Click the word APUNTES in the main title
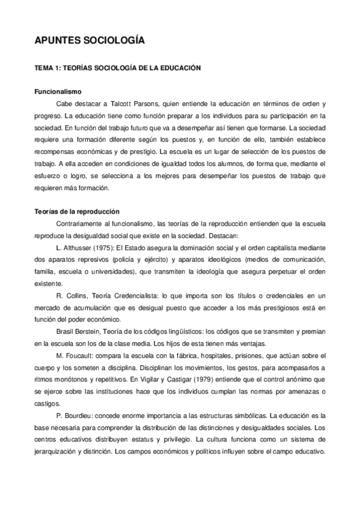point(58,41)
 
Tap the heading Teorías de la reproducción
point(76,212)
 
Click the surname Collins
point(83,295)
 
